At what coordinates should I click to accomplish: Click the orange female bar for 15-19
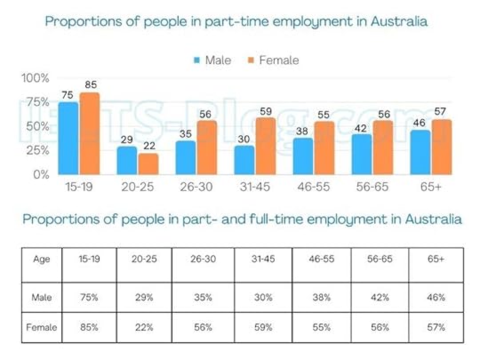point(89,133)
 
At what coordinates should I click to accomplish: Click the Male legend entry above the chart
point(211,60)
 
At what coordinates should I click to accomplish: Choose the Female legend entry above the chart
point(273,60)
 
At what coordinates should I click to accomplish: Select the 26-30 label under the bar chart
point(196,189)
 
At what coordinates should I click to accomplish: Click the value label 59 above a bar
point(264,112)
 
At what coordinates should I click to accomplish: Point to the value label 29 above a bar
point(127,140)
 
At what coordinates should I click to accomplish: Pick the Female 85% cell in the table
point(91,327)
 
